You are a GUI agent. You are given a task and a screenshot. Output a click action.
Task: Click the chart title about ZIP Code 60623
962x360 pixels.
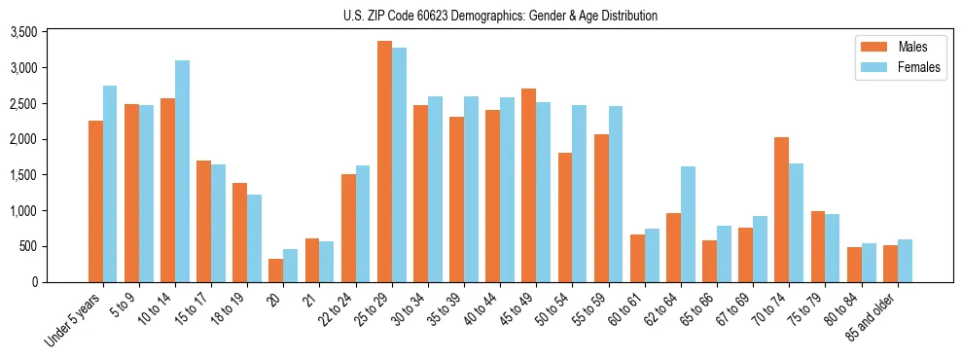500,16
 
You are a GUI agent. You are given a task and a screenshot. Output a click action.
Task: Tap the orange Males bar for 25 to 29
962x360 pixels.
384,162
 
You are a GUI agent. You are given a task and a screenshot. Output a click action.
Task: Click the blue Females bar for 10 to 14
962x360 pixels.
182,171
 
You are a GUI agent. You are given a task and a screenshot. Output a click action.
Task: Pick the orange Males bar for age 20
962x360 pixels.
276,270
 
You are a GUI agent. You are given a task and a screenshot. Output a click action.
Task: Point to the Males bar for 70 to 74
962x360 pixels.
782,209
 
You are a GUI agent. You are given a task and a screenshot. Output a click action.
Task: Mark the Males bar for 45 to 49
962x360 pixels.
529,185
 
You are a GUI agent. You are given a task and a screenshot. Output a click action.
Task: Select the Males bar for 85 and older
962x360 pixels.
890,264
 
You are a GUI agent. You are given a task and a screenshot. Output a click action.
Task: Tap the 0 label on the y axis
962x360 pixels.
60,282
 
